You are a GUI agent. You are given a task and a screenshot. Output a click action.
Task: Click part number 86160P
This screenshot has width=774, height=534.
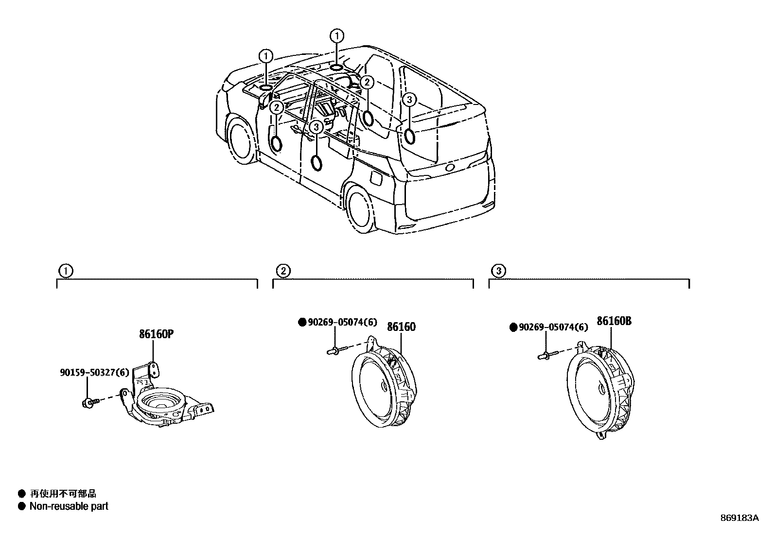(x=157, y=334)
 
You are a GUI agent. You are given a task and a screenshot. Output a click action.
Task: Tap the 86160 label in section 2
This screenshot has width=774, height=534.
(x=401, y=327)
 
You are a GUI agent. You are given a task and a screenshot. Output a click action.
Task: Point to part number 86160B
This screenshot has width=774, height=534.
(x=614, y=321)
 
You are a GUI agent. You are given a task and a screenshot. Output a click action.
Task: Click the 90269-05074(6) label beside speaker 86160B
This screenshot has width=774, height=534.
(x=553, y=327)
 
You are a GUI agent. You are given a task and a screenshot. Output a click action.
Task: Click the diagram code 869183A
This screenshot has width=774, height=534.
(x=739, y=518)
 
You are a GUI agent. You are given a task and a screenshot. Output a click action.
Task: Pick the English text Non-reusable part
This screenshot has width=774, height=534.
(x=69, y=506)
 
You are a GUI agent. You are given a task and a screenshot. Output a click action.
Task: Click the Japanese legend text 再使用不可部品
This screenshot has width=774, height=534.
(x=63, y=494)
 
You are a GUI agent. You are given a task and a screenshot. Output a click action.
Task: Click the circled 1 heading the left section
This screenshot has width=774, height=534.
(x=65, y=270)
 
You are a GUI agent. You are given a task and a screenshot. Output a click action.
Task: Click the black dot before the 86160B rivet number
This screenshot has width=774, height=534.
(x=513, y=327)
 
